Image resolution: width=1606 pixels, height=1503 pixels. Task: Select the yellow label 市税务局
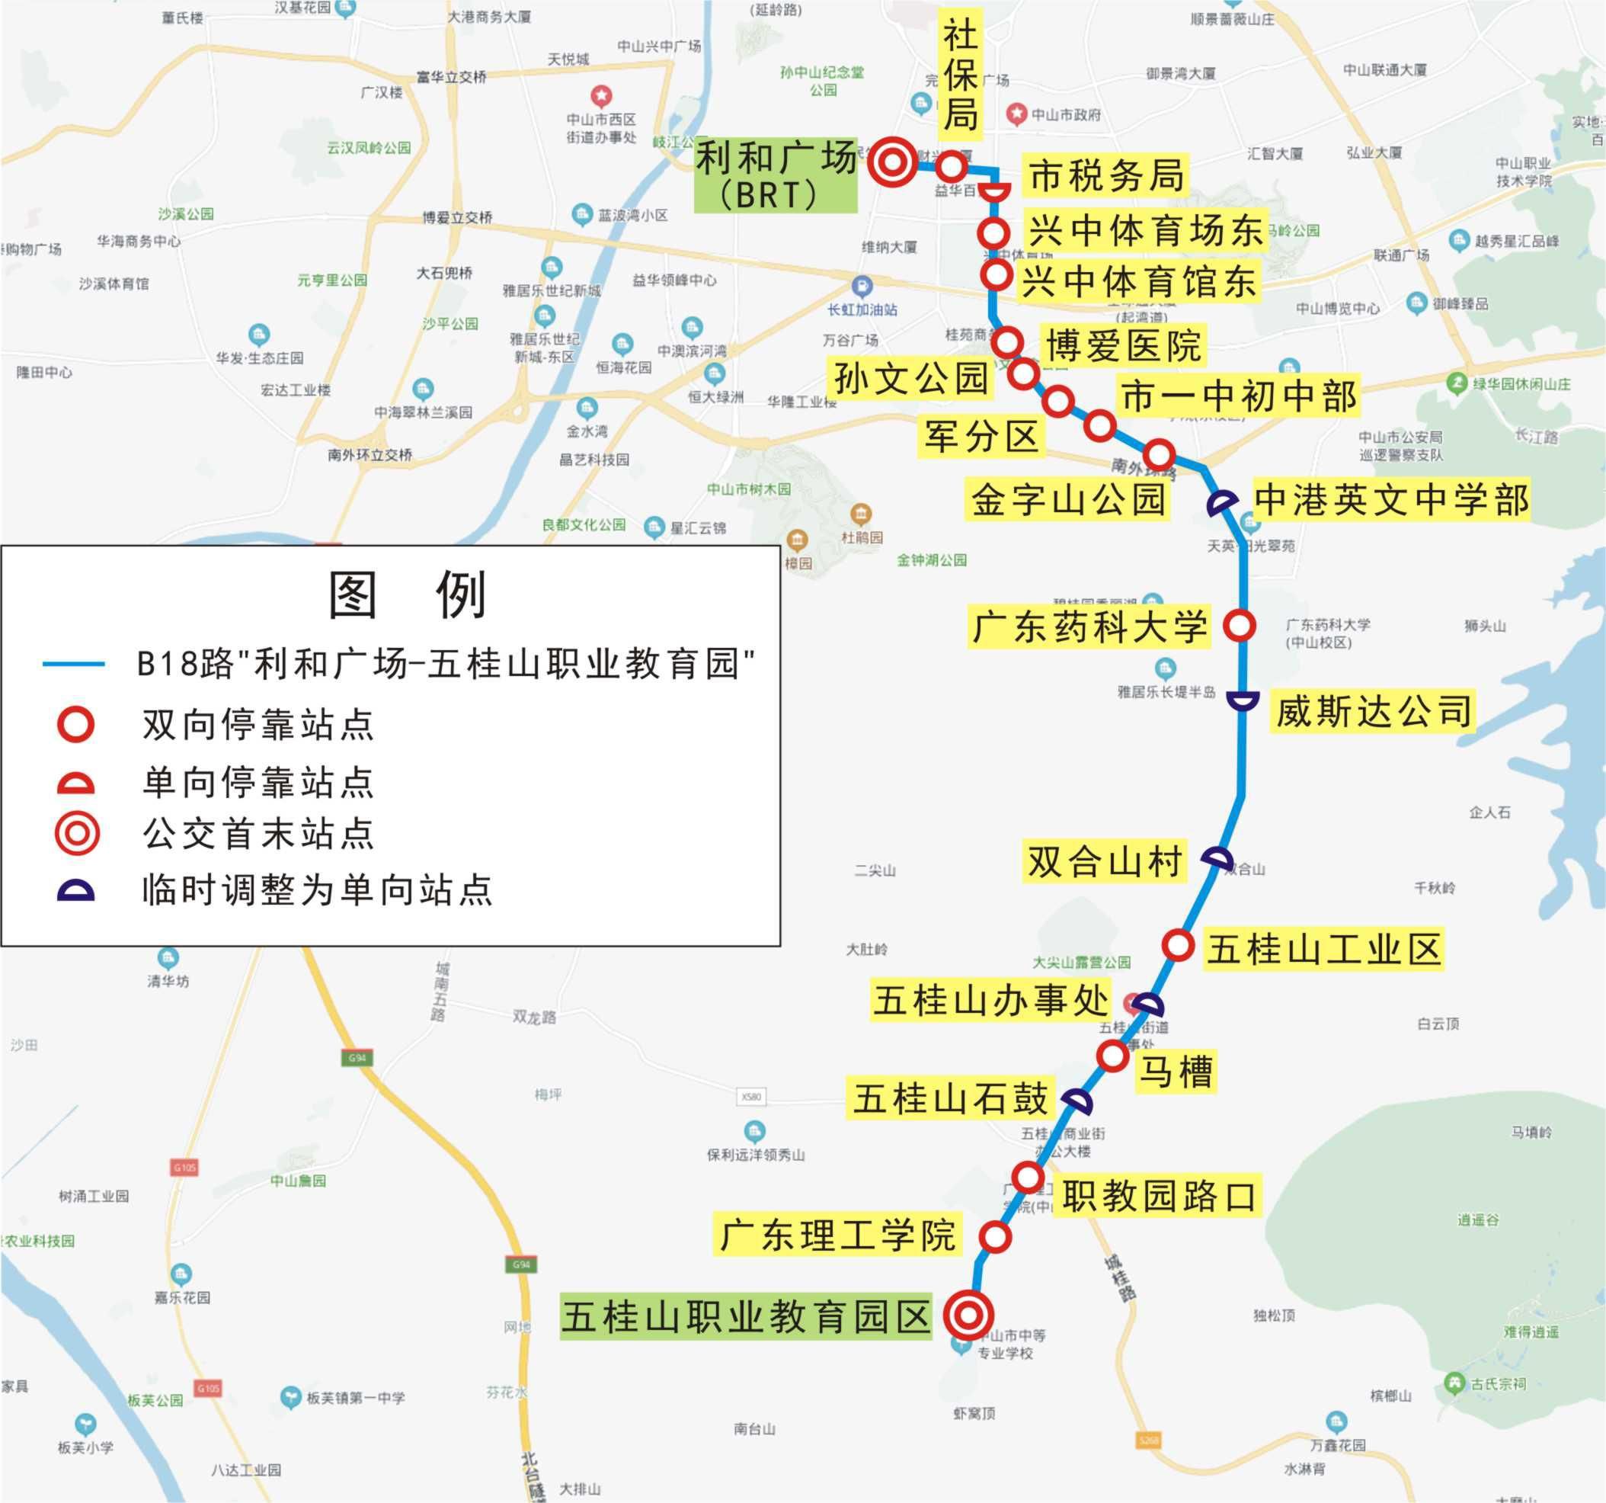point(1106,175)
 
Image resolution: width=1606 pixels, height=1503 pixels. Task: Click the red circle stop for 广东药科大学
point(1239,625)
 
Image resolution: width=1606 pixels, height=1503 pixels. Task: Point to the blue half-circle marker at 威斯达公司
point(1243,700)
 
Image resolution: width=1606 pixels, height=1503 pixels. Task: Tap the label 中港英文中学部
point(1391,499)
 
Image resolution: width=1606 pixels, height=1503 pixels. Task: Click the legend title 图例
point(408,594)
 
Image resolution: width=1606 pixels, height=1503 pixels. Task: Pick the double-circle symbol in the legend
point(77,833)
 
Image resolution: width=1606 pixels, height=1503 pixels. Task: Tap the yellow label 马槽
point(1175,1072)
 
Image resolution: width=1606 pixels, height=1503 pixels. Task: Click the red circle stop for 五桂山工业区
point(1178,944)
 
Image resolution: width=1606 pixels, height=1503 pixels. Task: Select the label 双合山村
point(1105,860)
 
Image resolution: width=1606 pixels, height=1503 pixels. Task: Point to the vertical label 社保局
point(961,78)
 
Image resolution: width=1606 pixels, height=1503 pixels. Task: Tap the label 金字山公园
point(1067,499)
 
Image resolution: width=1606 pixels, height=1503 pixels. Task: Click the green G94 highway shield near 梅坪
point(357,1058)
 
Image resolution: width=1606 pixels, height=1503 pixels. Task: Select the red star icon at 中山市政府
point(1017,114)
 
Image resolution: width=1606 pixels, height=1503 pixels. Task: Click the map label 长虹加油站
point(862,309)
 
